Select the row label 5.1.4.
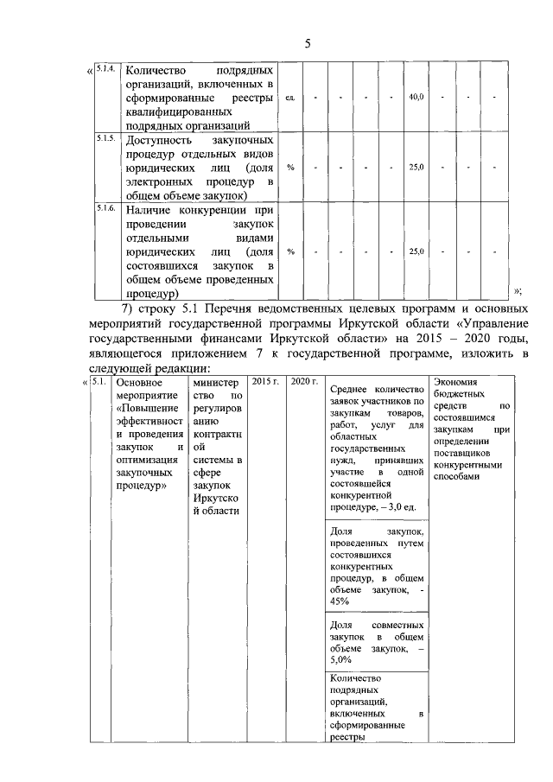[105, 68]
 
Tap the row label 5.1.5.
[105, 137]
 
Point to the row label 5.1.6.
[105, 207]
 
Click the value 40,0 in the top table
[416, 97]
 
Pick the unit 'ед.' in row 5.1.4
[290, 97]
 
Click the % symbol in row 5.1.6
[290, 251]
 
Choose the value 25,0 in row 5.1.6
[416, 251]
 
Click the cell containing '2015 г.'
[263, 381]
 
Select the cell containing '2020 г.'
[303, 381]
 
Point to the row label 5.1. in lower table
[99, 381]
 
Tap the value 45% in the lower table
[339, 601]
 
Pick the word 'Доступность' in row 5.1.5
[159, 138]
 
